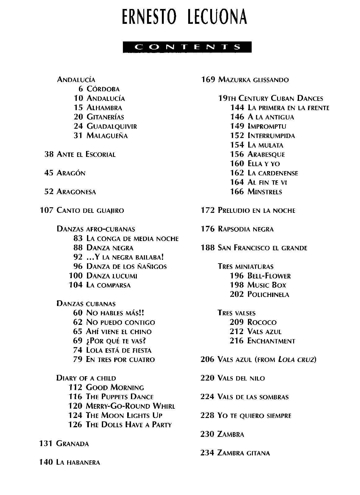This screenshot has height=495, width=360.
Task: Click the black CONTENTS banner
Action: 187,47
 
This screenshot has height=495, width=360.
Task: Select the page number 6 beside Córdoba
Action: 81,89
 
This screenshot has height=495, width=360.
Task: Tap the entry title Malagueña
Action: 107,136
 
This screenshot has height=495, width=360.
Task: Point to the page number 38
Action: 49,154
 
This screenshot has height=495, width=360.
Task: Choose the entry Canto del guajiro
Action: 90,211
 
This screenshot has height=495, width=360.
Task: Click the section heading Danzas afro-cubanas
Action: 96,229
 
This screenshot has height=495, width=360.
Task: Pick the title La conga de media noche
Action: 132,239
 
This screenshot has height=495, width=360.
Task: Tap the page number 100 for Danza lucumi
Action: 76,276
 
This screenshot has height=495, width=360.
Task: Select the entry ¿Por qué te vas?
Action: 116,341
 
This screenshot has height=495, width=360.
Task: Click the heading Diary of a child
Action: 86,378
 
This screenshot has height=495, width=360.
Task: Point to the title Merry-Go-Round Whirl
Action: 130,406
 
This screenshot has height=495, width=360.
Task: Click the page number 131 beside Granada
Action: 46,444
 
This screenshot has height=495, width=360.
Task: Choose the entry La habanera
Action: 78,463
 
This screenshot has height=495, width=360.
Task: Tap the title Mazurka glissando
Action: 253,80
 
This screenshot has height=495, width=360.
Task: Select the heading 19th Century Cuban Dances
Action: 271,98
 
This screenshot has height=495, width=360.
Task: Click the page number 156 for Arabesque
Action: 237,154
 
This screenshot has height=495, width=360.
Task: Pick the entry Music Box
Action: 267,285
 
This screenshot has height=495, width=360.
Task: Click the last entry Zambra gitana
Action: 244,453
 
